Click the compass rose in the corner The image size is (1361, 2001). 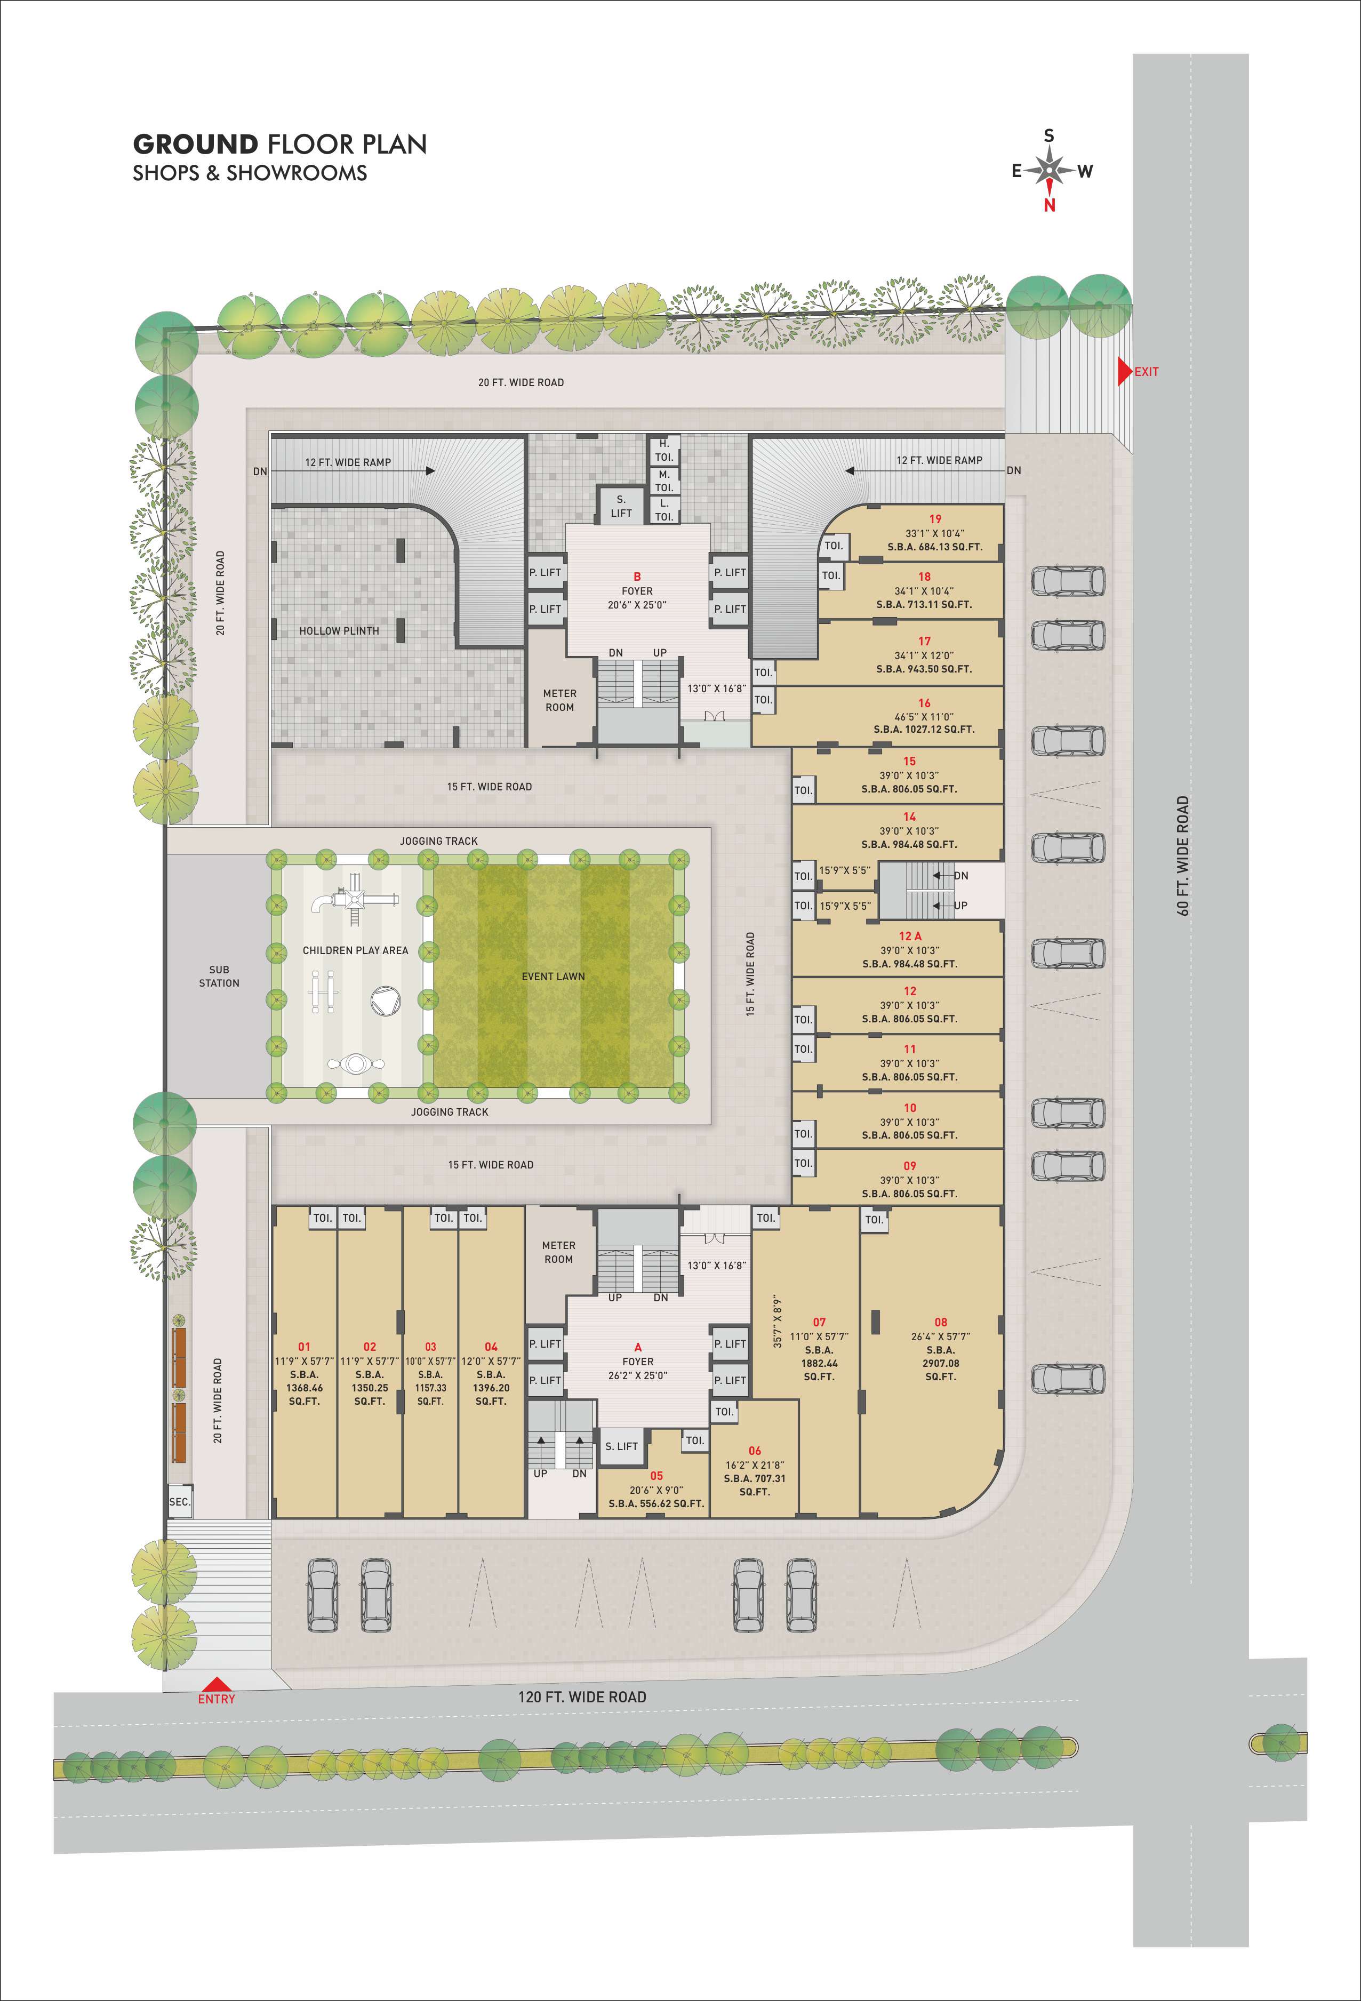coord(1050,170)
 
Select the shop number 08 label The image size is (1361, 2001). coord(940,1323)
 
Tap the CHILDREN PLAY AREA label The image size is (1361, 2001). coord(356,950)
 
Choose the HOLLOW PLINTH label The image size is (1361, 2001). coord(339,631)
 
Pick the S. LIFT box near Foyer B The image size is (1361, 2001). coord(621,506)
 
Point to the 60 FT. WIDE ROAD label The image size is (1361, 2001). coord(1183,856)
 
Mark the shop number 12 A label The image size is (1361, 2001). coord(910,936)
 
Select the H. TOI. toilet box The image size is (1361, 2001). coord(665,450)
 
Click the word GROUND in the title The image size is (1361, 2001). coord(195,144)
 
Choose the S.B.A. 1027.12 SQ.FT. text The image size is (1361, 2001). coord(924,729)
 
